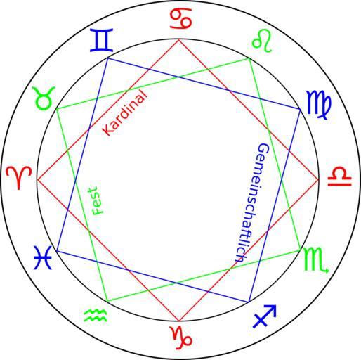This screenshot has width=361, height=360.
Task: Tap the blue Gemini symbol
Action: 102,40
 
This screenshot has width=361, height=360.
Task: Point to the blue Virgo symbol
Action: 319,105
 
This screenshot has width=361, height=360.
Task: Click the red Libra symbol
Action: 340,176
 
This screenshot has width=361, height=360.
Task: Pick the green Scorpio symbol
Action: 316,260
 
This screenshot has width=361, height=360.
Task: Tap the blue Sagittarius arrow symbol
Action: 265,316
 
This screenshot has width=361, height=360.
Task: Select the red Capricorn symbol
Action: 182,337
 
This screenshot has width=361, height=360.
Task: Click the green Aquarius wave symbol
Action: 96,316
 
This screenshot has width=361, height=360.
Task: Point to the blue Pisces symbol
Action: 43,257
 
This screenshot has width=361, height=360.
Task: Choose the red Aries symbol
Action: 19,177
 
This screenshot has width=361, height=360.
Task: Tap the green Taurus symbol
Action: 44,98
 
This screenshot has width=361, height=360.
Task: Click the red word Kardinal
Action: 125,113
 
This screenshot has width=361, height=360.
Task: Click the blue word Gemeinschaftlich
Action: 253,202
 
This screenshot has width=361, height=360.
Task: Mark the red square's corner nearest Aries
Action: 37,180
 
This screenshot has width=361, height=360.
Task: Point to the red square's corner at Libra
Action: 319,180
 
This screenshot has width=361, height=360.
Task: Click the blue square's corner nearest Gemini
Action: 107,58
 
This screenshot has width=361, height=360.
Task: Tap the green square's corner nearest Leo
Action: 249,58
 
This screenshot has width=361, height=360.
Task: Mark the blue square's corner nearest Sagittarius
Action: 249,302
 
